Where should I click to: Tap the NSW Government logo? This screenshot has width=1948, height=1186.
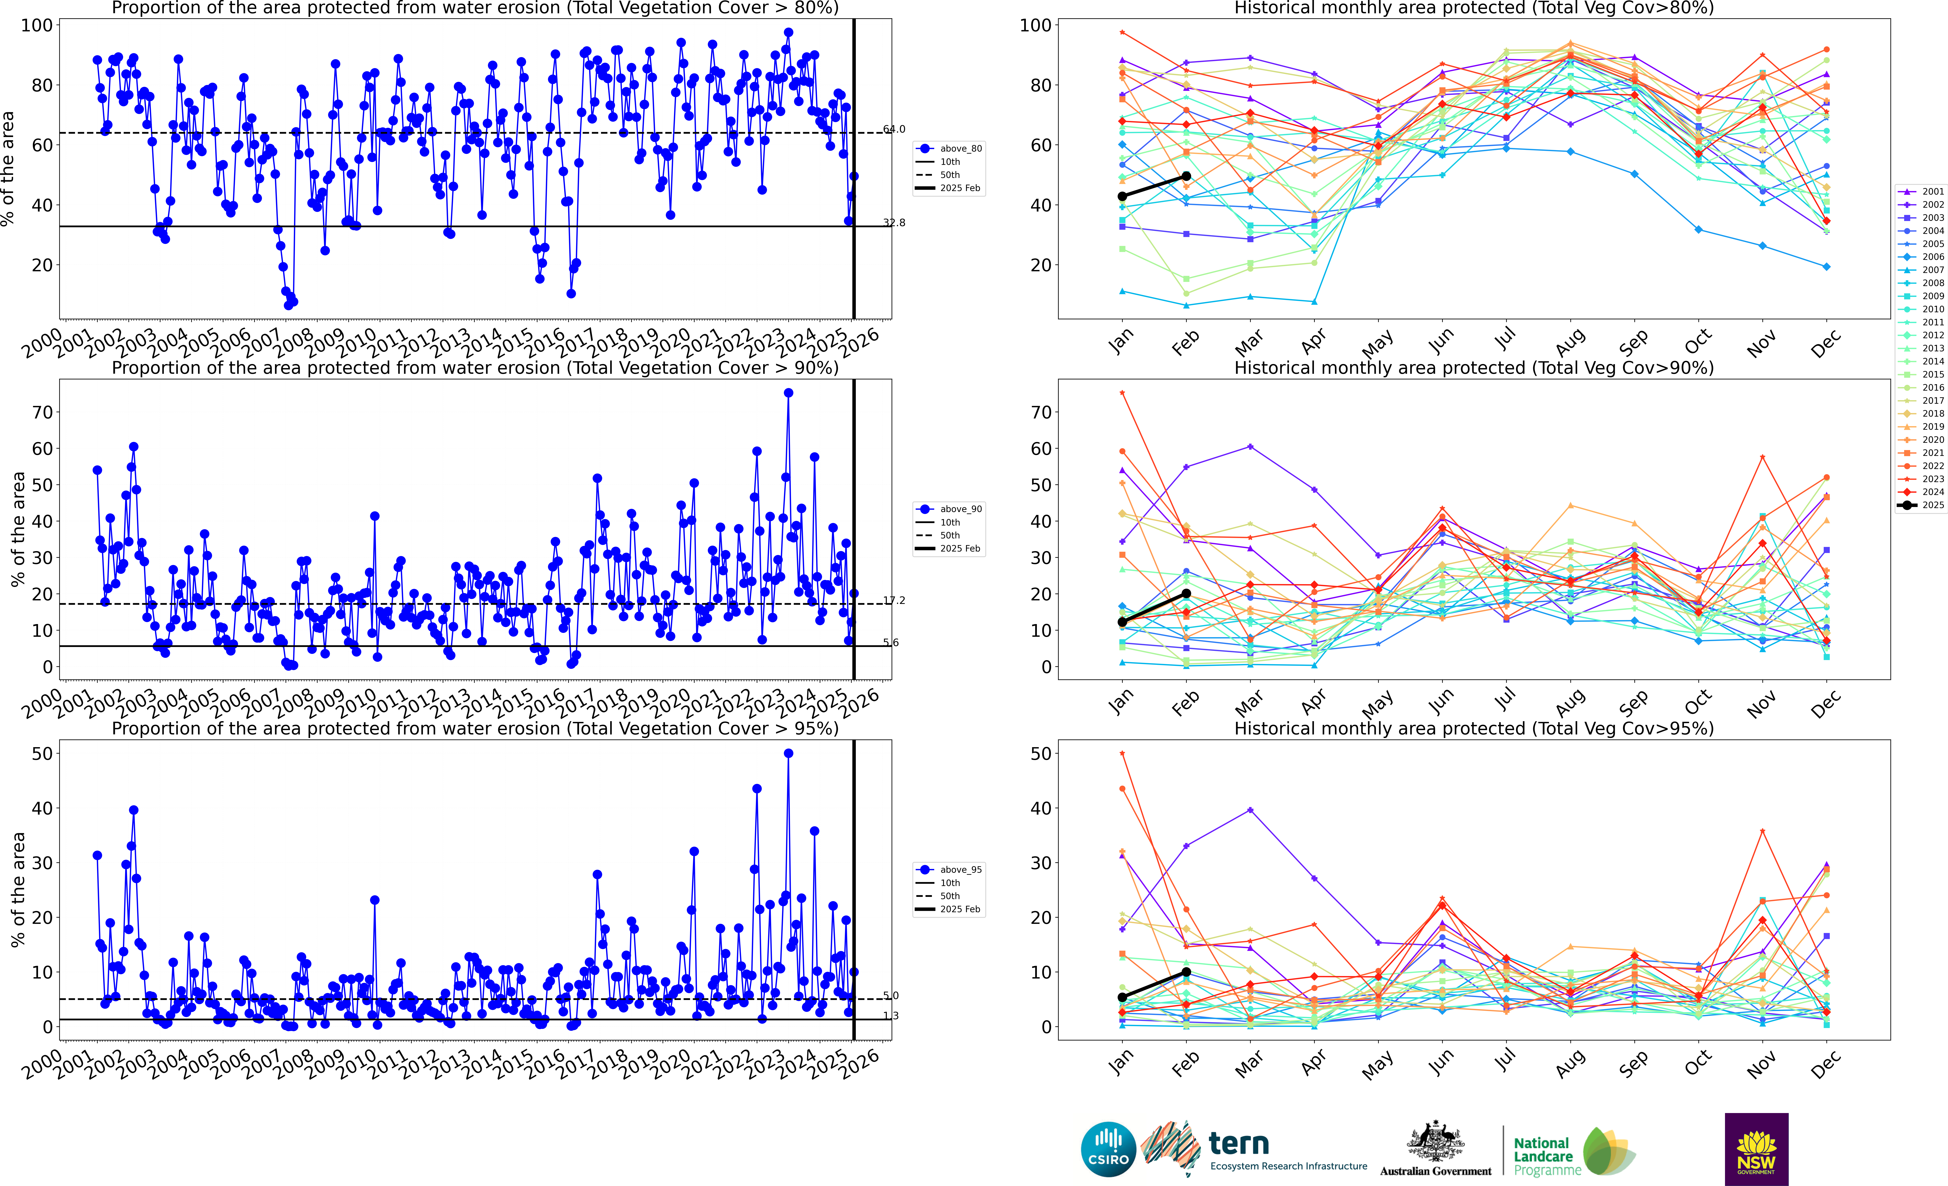tap(1756, 1149)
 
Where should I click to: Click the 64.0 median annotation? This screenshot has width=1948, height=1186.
tap(894, 129)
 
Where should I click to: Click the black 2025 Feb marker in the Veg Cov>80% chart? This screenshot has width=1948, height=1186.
tap(1186, 176)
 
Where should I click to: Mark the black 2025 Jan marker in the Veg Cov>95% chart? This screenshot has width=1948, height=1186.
tap(1122, 997)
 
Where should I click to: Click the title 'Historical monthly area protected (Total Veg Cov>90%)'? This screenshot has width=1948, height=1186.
tap(1474, 368)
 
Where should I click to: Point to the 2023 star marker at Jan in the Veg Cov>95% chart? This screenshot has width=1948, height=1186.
tap(1122, 754)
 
